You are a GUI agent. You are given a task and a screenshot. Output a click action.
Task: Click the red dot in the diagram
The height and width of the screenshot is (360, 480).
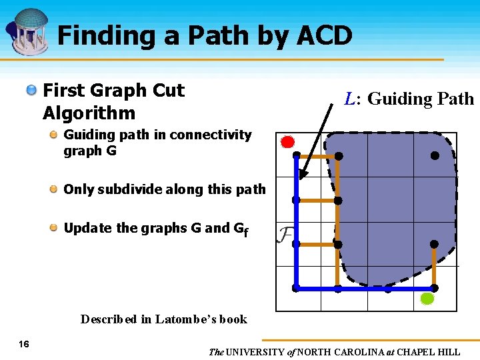[287, 141]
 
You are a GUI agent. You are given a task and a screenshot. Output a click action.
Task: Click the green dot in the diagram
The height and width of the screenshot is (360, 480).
[427, 299]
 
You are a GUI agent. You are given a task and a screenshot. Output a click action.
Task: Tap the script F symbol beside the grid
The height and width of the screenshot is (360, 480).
[285, 235]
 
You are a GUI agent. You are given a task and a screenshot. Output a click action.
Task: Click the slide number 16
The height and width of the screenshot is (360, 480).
[24, 344]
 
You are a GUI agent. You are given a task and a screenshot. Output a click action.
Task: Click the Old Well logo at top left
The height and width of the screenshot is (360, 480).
[27, 32]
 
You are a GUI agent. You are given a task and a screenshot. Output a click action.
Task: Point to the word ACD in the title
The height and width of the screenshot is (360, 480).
[322, 35]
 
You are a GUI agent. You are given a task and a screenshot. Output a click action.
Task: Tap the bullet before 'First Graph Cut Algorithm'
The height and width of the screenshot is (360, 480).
[31, 91]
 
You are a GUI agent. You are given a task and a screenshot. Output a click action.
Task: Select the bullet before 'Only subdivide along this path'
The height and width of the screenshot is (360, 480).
[53, 189]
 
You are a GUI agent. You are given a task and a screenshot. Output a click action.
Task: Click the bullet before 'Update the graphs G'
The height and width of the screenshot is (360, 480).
[53, 228]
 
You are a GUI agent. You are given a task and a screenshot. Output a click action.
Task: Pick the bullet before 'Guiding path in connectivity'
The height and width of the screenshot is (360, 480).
[53, 135]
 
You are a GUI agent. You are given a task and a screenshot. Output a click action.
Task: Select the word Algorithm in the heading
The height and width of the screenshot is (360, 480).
[89, 113]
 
